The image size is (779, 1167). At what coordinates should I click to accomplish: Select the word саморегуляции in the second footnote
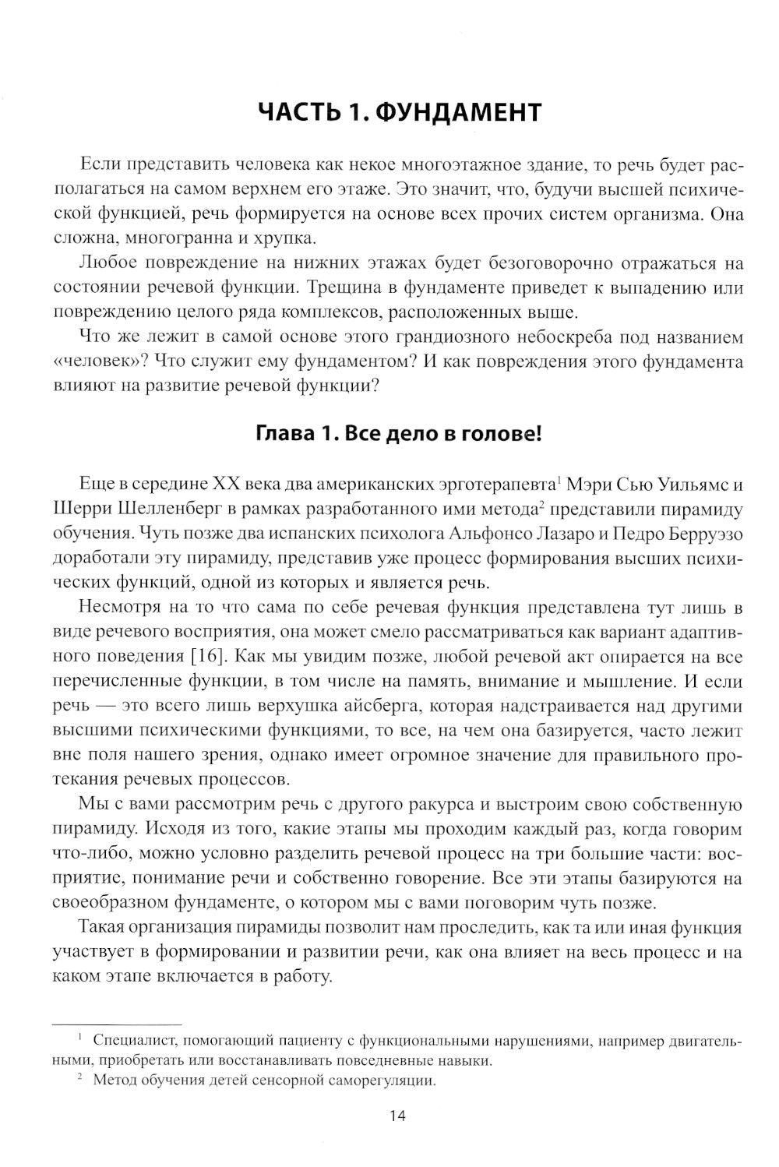pyautogui.click(x=385, y=1081)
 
